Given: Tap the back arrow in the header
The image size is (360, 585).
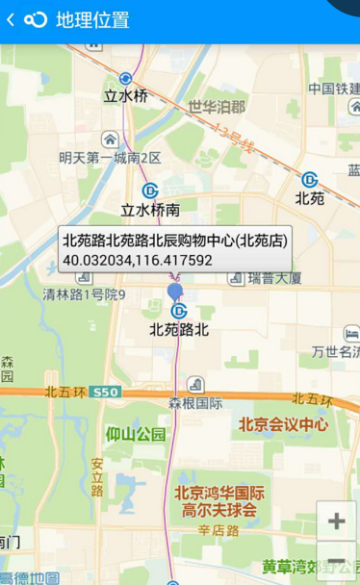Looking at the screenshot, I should pyautogui.click(x=11, y=20).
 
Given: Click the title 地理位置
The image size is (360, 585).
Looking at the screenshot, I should pyautogui.click(x=93, y=20).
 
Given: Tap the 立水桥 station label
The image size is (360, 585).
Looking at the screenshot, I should pyautogui.click(x=126, y=96).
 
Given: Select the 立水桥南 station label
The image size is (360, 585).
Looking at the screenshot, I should pyautogui.click(x=150, y=209).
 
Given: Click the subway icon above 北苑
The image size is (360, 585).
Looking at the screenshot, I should pyautogui.click(x=310, y=180).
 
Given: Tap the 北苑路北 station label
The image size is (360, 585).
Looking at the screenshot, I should pyautogui.click(x=179, y=329).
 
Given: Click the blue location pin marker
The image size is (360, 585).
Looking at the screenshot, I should pyautogui.click(x=174, y=290).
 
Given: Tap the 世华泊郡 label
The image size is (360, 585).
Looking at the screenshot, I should pyautogui.click(x=217, y=107).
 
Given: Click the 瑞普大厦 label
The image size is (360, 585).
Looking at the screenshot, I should pyautogui.click(x=274, y=279).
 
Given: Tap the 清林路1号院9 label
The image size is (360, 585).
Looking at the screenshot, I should pyautogui.click(x=84, y=294).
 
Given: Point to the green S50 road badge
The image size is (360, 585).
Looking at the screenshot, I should pyautogui.click(x=107, y=393).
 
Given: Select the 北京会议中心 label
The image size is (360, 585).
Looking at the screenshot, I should pyautogui.click(x=283, y=423).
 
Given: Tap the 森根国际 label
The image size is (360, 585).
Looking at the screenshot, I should pyautogui.click(x=195, y=404).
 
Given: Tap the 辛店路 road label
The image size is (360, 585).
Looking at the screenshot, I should pyautogui.click(x=219, y=530).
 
